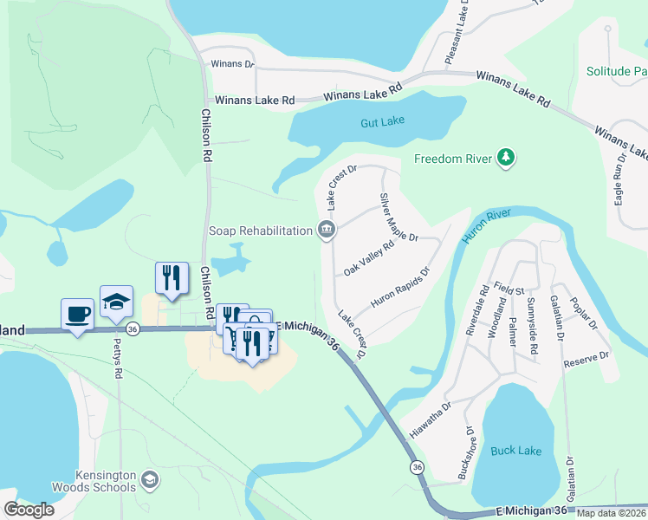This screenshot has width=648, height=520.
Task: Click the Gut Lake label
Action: click(384, 123)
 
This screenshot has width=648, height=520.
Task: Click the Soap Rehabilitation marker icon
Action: click(327, 231)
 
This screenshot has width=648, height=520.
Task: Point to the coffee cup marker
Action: click(77, 314)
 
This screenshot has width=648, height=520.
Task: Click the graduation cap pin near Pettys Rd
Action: click(116, 301)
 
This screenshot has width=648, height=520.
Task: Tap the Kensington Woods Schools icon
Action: click(150, 479)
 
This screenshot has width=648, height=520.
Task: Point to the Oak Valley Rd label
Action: click(369, 258)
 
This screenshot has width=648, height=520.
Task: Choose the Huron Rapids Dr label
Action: click(400, 288)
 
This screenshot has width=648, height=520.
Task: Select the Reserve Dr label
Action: click(586, 354)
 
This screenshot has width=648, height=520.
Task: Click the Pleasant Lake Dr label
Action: click(457, 33)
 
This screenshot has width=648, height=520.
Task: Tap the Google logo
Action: click(29, 510)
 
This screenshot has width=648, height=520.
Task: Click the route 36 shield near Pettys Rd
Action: click(133, 329)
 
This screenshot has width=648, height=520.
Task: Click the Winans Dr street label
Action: click(232, 63)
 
